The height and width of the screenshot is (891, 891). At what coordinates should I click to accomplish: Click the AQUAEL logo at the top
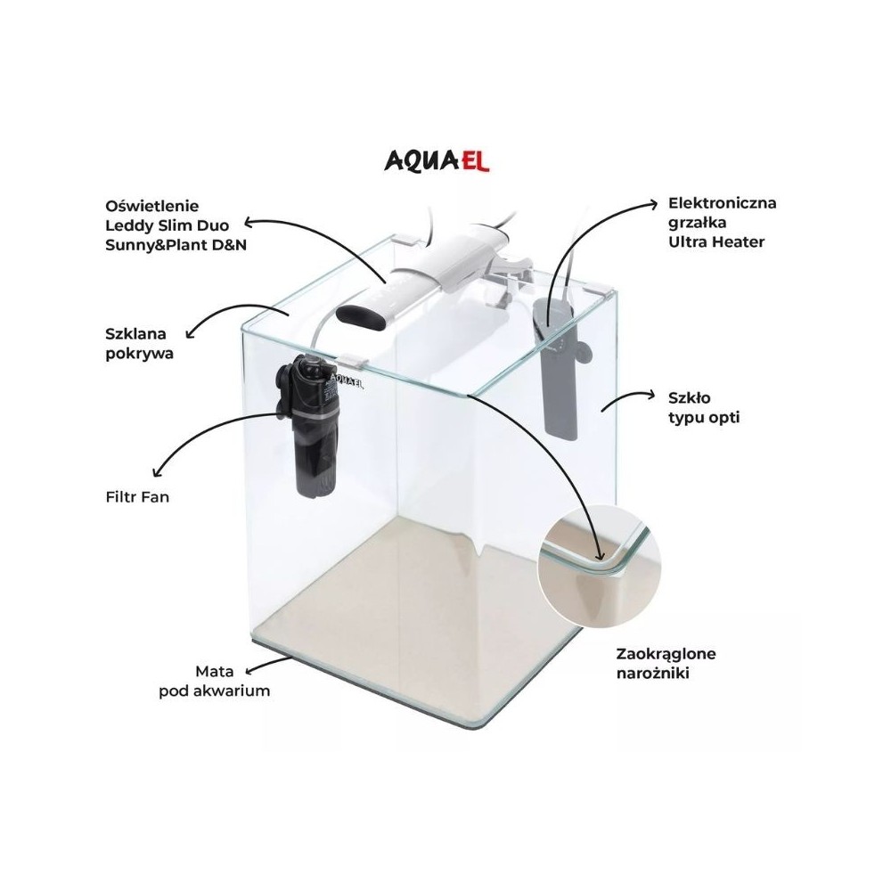[437, 160]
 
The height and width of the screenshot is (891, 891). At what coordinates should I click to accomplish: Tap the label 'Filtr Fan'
[137, 497]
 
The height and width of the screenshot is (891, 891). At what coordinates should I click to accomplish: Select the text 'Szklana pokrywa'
[139, 343]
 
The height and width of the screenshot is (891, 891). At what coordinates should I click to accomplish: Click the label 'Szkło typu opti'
[704, 407]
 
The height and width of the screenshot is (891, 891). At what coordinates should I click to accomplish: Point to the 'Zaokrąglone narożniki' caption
[666, 663]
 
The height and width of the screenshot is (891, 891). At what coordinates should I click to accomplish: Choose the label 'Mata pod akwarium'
[214, 681]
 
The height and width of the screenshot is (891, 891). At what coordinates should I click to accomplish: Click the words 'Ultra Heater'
[716, 241]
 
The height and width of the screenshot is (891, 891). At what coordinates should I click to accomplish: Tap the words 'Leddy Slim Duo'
[168, 225]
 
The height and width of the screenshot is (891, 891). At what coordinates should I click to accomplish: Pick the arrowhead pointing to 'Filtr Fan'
[159, 471]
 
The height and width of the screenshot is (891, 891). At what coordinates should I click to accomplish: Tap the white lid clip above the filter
[353, 361]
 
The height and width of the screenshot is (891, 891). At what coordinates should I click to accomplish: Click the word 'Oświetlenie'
[152, 207]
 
